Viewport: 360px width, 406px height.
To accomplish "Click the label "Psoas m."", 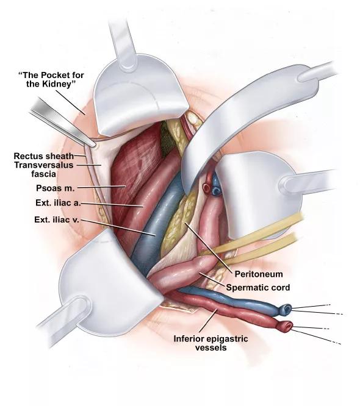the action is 55,188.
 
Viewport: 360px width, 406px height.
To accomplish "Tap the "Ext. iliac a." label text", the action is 59,203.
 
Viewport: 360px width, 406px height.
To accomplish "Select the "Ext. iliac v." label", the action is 57,219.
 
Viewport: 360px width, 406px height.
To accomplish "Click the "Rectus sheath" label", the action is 43,156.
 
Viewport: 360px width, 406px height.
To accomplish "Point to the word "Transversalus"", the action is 43,165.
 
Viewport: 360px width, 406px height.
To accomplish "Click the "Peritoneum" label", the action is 259,274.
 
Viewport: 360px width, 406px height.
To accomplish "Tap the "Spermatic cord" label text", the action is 258,287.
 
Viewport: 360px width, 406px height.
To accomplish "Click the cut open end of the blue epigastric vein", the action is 286,308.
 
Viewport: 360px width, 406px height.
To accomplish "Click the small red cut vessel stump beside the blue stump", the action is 207,188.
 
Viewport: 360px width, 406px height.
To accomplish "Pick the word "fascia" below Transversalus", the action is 43,174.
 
